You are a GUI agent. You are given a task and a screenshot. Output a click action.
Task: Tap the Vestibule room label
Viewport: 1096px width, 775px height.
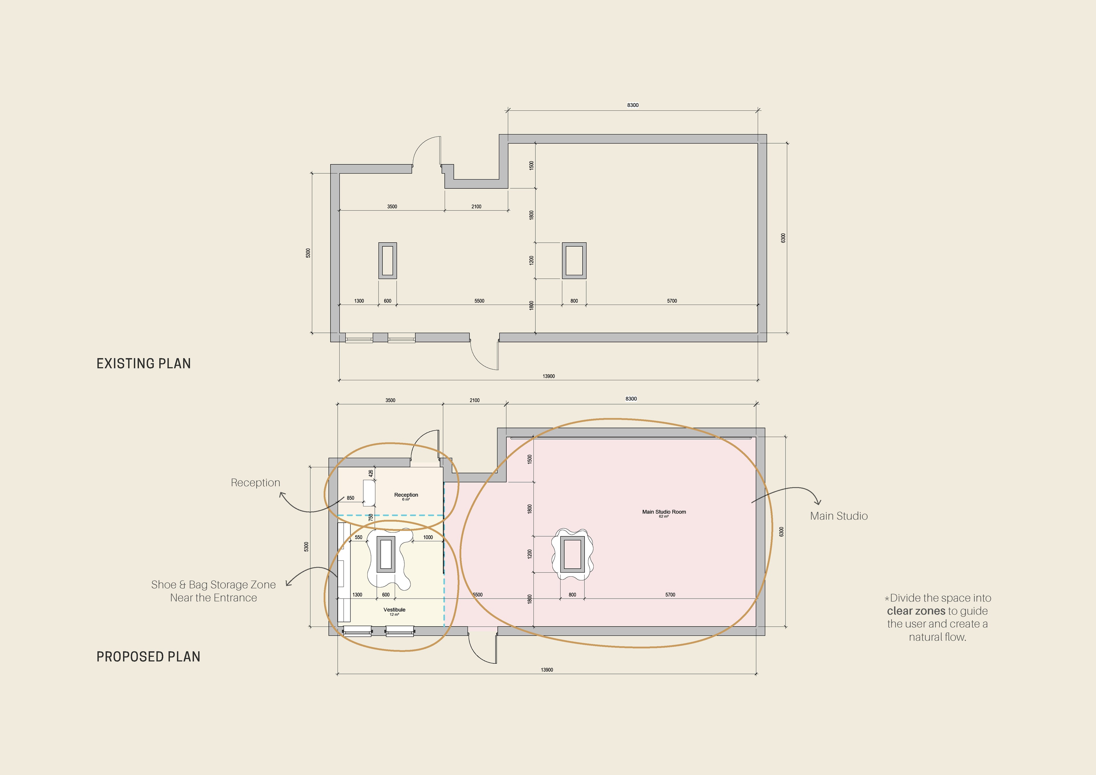[394, 610]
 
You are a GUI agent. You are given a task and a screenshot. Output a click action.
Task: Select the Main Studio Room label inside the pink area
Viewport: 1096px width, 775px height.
[664, 512]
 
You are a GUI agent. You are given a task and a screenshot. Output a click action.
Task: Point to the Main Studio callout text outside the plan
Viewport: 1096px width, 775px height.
[839, 516]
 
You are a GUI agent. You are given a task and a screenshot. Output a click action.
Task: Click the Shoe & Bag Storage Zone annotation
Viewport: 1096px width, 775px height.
[213, 591]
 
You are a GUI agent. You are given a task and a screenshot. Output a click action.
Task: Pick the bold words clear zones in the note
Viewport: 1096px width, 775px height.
[916, 611]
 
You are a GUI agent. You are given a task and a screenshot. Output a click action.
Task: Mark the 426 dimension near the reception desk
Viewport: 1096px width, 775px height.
[371, 474]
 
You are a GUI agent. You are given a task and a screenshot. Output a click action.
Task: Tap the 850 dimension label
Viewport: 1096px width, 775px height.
[350, 498]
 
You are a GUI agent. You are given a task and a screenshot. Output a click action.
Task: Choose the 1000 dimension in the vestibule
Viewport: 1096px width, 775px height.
[428, 537]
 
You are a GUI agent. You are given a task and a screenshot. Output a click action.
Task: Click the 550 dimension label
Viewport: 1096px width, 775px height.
[358, 537]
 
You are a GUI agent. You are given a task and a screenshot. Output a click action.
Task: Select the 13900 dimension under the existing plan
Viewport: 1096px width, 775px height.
[549, 376]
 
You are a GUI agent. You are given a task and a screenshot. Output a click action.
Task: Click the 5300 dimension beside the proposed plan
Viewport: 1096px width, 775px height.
[307, 547]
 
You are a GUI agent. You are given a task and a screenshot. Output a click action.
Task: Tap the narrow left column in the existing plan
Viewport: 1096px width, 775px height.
[388, 261]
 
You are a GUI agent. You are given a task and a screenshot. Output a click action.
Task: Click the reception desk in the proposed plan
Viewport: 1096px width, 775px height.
[368, 493]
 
